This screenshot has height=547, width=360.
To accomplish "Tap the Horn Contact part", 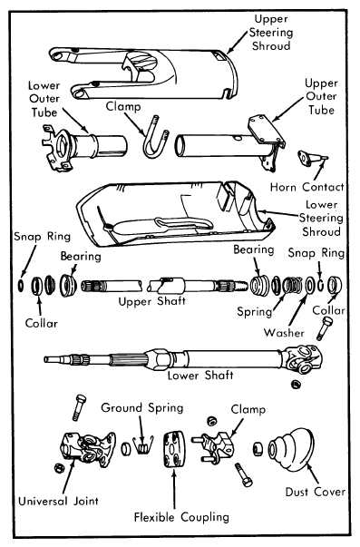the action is tap(312, 158).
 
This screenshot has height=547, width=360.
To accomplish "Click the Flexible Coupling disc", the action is tap(174, 449).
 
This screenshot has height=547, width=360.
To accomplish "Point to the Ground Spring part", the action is tap(142, 444).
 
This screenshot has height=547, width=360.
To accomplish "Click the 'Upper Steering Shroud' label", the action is tap(271, 32).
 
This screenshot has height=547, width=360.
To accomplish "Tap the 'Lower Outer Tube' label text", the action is tap(44, 99).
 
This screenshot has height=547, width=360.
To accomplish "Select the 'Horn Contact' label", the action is tap(307, 188).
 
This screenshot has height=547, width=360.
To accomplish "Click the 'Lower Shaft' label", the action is tap(200, 376).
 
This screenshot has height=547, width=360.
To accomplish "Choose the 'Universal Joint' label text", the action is tap(58, 502).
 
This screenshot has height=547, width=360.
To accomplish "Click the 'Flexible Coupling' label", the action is tap(181, 517).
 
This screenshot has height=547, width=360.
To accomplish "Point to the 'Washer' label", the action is tap(284, 332).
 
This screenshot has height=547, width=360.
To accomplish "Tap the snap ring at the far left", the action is tap(21, 285).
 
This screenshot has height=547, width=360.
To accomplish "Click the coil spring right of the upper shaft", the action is tap(293, 285).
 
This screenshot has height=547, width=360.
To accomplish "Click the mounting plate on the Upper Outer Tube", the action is tap(266, 130).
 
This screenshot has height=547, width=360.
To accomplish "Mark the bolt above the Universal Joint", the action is tap(79, 407).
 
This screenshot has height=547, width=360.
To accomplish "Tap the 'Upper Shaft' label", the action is tap(151, 301).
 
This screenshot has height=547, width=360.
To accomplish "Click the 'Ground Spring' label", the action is tap(142, 407).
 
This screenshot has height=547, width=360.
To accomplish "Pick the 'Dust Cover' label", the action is tap(315, 492).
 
